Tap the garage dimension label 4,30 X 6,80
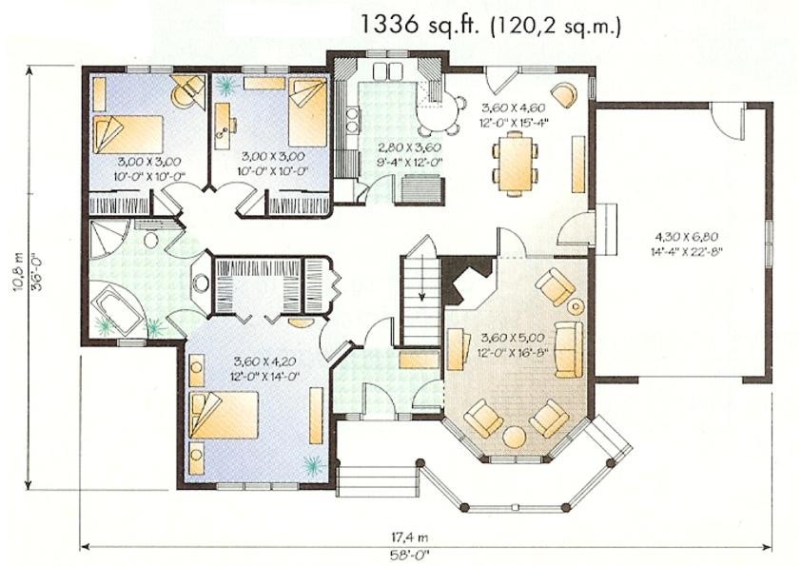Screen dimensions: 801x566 click(x=687, y=237)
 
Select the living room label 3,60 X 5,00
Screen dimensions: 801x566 click(x=513, y=338)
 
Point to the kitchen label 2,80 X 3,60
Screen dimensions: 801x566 click(x=409, y=148)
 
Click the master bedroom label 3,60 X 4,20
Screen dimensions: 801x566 click(x=265, y=361)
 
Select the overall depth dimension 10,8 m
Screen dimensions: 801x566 click(x=20, y=272)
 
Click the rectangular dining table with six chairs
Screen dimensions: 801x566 click(x=515, y=163)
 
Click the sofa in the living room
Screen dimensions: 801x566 click(x=569, y=348)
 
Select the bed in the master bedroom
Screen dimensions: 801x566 click(x=224, y=415)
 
